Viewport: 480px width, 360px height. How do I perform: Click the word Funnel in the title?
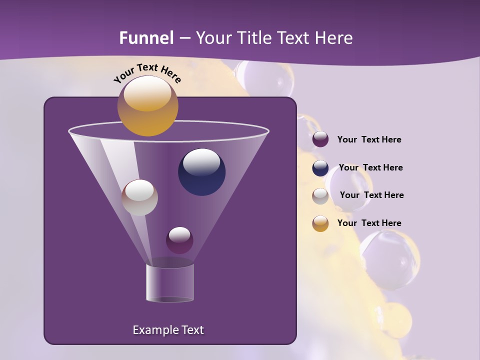coord(146,38)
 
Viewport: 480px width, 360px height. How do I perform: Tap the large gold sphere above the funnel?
coord(147,106)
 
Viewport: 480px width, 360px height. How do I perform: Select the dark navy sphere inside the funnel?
coord(201,172)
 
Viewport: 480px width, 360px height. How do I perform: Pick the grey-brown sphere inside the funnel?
coord(139,197)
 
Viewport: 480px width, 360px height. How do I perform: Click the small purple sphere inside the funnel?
coord(179,240)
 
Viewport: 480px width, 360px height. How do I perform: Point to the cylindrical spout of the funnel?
coord(170,283)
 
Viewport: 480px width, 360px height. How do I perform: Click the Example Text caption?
coord(168,330)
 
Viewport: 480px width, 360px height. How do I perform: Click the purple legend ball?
coord(320,139)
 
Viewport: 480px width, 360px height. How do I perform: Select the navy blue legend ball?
coord(320,168)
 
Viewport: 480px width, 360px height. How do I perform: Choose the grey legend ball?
coord(320,196)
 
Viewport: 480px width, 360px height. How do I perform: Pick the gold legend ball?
coord(320,223)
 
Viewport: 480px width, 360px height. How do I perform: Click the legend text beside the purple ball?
coord(369,139)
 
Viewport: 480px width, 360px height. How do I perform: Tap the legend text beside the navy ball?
coord(370,167)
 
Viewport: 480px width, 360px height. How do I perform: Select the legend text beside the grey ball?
coord(371,195)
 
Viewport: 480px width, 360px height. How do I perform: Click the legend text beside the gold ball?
coord(369,223)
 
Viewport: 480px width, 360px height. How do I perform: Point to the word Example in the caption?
coord(153,330)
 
